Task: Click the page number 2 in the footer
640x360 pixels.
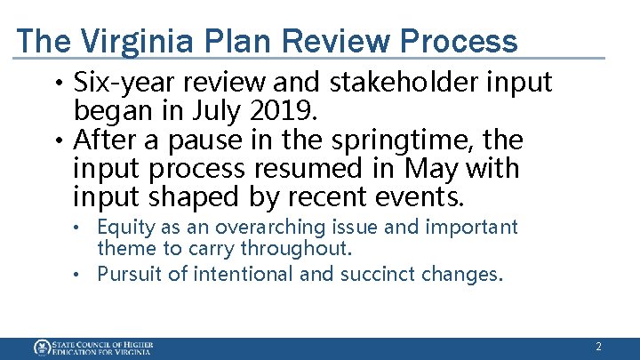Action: (x=598, y=347)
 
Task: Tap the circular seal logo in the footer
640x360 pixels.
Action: (x=42, y=347)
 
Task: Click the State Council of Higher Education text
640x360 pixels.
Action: (x=102, y=347)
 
